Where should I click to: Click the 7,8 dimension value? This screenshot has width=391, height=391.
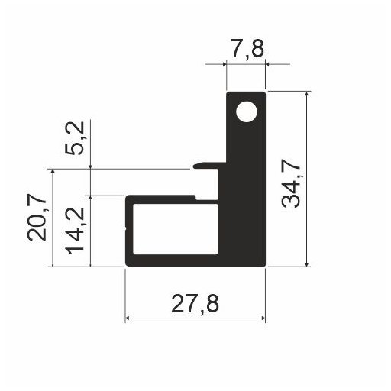click(247, 50)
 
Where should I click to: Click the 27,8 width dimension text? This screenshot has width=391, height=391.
click(195, 305)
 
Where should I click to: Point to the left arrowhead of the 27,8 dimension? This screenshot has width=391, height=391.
click(129, 318)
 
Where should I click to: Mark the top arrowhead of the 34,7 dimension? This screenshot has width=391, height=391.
click(307, 96)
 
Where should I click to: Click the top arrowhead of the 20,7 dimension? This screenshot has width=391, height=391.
click(53, 173)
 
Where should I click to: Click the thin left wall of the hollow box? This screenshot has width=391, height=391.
click(128, 229)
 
